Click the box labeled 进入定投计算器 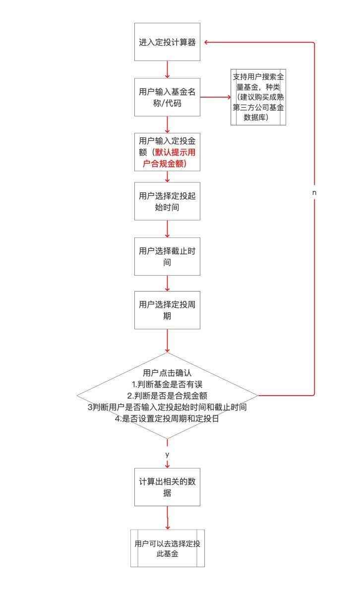167,42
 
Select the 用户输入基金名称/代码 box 167,97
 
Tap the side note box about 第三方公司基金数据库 258,97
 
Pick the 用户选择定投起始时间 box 167,201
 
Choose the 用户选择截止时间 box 167,256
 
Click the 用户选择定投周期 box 167,310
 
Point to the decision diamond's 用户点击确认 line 167,373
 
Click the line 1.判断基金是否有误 167,384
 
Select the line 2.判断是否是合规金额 167,396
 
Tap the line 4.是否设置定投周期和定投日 167,418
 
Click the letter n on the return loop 314,192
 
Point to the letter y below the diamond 167,454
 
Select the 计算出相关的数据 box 167,487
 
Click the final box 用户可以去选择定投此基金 167,548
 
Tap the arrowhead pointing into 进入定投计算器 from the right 206,42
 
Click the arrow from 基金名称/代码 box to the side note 215,97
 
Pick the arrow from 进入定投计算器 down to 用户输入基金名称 167,69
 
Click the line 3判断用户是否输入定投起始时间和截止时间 167,407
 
